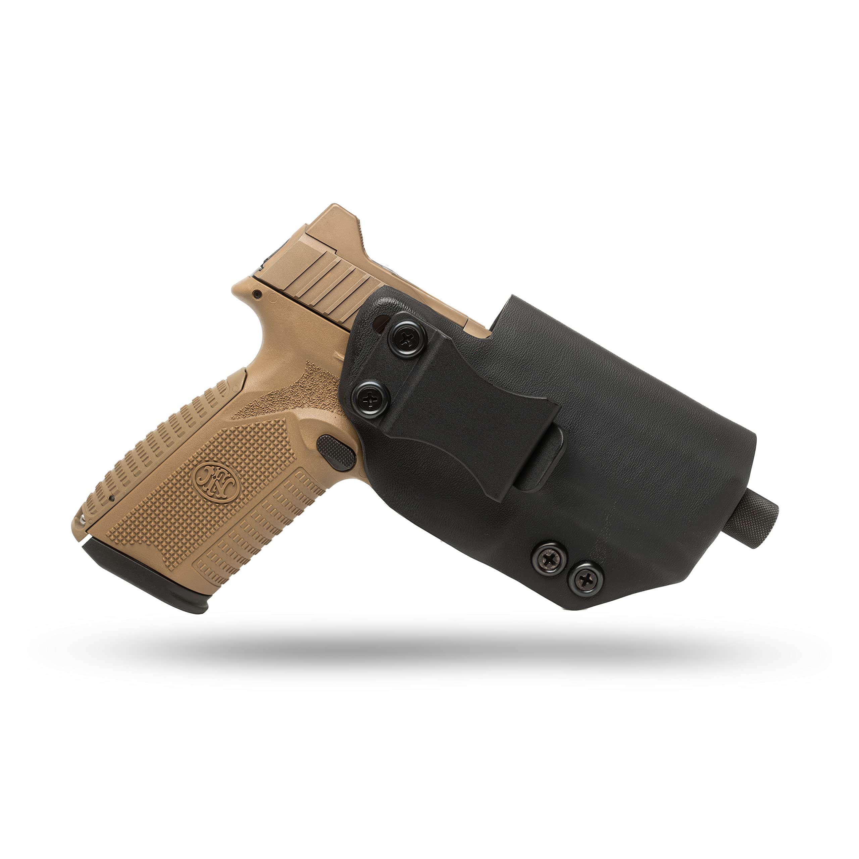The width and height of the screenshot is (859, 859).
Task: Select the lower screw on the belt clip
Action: click(371, 397)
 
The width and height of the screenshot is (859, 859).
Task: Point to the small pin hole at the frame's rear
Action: click(257, 294)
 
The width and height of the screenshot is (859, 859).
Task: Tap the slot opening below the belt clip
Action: click(538, 467)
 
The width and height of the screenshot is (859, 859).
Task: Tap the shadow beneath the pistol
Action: click(422, 647)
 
